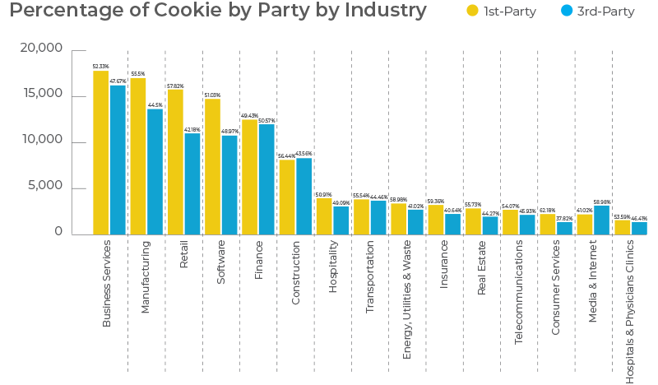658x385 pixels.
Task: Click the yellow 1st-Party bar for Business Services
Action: pyautogui.click(x=100, y=152)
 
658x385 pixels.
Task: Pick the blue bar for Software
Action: pyautogui.click(x=229, y=184)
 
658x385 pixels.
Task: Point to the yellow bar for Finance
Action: pyautogui.click(x=249, y=177)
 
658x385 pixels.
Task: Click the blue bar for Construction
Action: pyautogui.click(x=304, y=196)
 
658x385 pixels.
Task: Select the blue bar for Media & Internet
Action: pyautogui.click(x=601, y=219)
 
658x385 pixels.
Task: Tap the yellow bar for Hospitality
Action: pyautogui.click(x=324, y=216)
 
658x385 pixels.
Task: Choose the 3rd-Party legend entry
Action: pyautogui.click(x=594, y=12)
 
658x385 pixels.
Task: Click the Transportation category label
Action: pyautogui.click(x=370, y=277)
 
